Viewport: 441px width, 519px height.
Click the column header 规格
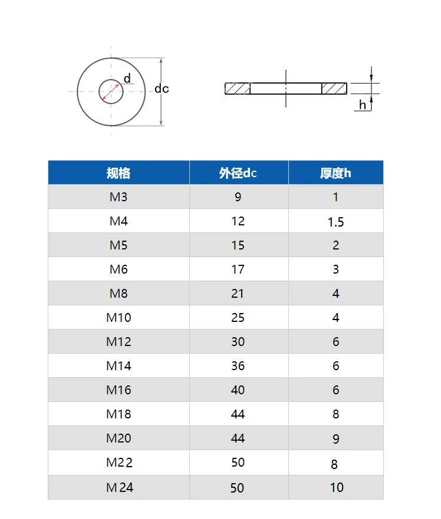119,173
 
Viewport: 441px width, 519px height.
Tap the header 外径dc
238,173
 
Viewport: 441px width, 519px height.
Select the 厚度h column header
335,173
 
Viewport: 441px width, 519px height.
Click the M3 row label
119,197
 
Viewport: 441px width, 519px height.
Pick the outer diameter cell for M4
238,221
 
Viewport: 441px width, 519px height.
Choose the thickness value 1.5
335,222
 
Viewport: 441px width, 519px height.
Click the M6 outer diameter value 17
238,270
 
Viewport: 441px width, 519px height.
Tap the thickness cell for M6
335,270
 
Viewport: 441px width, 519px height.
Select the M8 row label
119,294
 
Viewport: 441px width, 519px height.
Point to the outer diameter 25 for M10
238,318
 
